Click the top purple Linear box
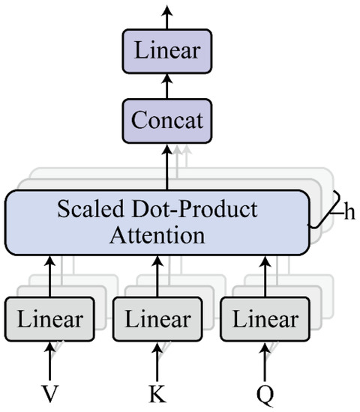coord(167,52)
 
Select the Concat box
coord(167,119)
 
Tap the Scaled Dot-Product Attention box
coord(157,222)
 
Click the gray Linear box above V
coord(50,319)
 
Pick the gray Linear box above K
coord(157,319)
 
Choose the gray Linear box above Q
coord(264,319)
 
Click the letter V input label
coord(50,394)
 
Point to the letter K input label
coord(157,394)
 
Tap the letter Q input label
coord(264,394)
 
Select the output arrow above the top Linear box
coord(167,16)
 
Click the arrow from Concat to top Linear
coord(167,85)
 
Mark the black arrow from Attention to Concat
coord(167,166)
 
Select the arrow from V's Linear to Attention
coord(50,276)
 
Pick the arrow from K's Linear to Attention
coord(157,276)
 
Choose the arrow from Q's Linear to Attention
coord(264,276)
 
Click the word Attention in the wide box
coord(157,236)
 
